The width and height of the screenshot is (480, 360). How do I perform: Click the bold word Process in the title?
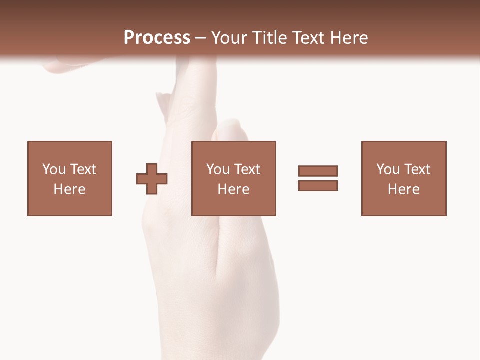click(x=157, y=38)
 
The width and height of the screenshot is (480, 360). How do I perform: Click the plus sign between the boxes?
click(x=152, y=178)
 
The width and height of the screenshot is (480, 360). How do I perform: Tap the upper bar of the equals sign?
click(x=318, y=171)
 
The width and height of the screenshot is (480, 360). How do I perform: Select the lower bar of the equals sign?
click(x=318, y=185)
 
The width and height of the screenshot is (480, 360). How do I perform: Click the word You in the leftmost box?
click(x=54, y=169)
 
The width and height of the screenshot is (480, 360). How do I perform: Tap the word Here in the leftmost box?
click(x=69, y=189)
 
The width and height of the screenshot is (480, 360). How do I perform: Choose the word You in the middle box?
click(x=218, y=169)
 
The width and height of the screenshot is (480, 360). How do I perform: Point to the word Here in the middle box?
click(x=233, y=189)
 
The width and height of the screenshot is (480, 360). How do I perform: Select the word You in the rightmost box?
click(x=388, y=169)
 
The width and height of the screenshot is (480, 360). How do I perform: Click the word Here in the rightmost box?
click(x=403, y=189)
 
